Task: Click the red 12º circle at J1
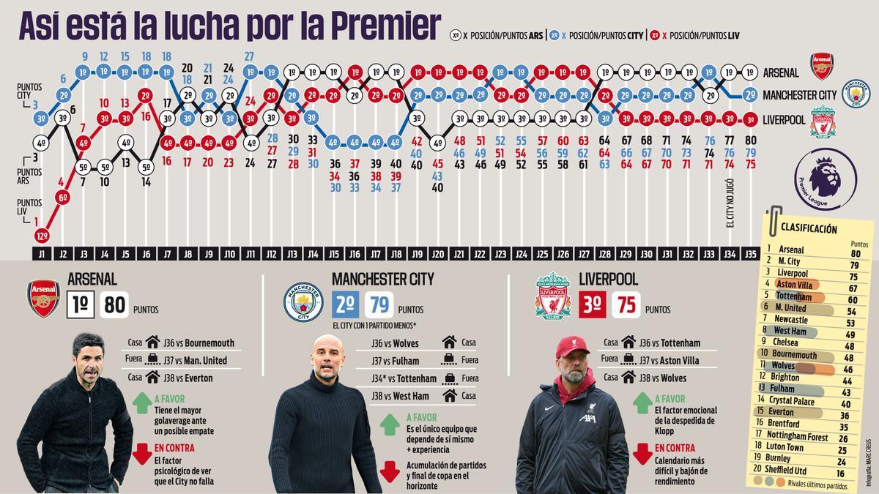pos(41,236)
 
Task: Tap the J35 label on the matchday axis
pos(750,254)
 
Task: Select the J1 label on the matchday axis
pos(41,254)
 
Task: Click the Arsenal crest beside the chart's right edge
pos(822,66)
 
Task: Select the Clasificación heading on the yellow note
pos(809,229)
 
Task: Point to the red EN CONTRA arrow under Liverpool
pos(642,454)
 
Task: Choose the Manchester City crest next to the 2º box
pos(303,301)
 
